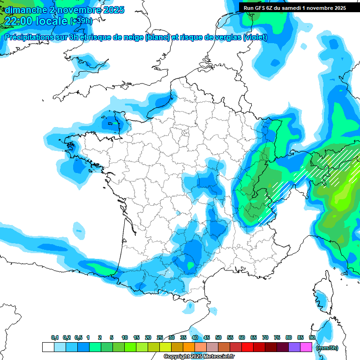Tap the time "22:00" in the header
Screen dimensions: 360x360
(x=18, y=21)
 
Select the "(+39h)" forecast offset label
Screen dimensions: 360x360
(x=81, y=21)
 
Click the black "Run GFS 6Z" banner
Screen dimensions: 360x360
(x=295, y=7)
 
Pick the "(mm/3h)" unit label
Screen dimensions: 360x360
(x=327, y=347)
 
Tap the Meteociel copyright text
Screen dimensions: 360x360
(x=199, y=357)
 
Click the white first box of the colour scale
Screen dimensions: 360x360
(x=48, y=347)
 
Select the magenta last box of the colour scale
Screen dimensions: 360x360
(x=306, y=347)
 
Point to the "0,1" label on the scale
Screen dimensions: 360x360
(x=55, y=338)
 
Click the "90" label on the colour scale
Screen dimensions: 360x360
(x=312, y=338)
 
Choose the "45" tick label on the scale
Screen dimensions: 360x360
(x=207, y=338)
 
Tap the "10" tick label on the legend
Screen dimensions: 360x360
(x=125, y=338)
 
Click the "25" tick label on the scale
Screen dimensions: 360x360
(x=160, y=338)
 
